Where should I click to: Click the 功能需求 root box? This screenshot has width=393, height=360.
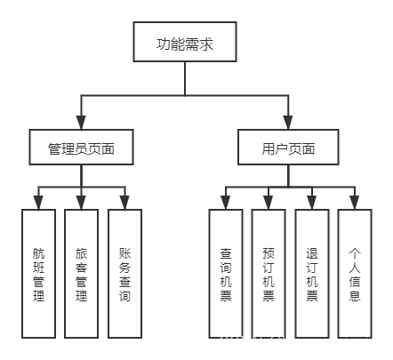point(184,43)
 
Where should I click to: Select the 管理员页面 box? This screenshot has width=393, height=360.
point(81,147)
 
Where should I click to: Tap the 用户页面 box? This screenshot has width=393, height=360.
point(289,147)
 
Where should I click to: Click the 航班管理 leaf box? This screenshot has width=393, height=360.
point(38,273)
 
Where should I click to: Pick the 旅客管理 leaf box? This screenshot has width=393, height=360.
point(81,273)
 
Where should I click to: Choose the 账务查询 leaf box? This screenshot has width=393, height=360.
point(124,273)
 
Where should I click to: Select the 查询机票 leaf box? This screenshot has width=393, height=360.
point(226,273)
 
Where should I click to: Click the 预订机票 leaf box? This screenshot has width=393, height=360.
point(269,273)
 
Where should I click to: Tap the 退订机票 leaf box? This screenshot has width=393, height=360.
point(312,273)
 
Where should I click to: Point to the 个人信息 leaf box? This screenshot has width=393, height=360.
point(355,273)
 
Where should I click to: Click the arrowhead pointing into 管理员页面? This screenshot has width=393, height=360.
point(81,124)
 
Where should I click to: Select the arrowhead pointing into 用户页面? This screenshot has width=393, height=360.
point(289,124)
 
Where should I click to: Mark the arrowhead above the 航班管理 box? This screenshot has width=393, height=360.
point(38,202)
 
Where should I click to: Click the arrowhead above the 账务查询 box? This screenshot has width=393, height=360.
point(124,202)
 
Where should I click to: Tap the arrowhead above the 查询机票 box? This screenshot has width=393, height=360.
point(226,202)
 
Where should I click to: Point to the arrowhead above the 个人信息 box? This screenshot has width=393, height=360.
point(355,202)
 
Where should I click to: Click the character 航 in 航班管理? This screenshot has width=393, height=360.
point(38,252)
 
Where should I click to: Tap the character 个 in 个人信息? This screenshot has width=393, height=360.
point(355,252)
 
